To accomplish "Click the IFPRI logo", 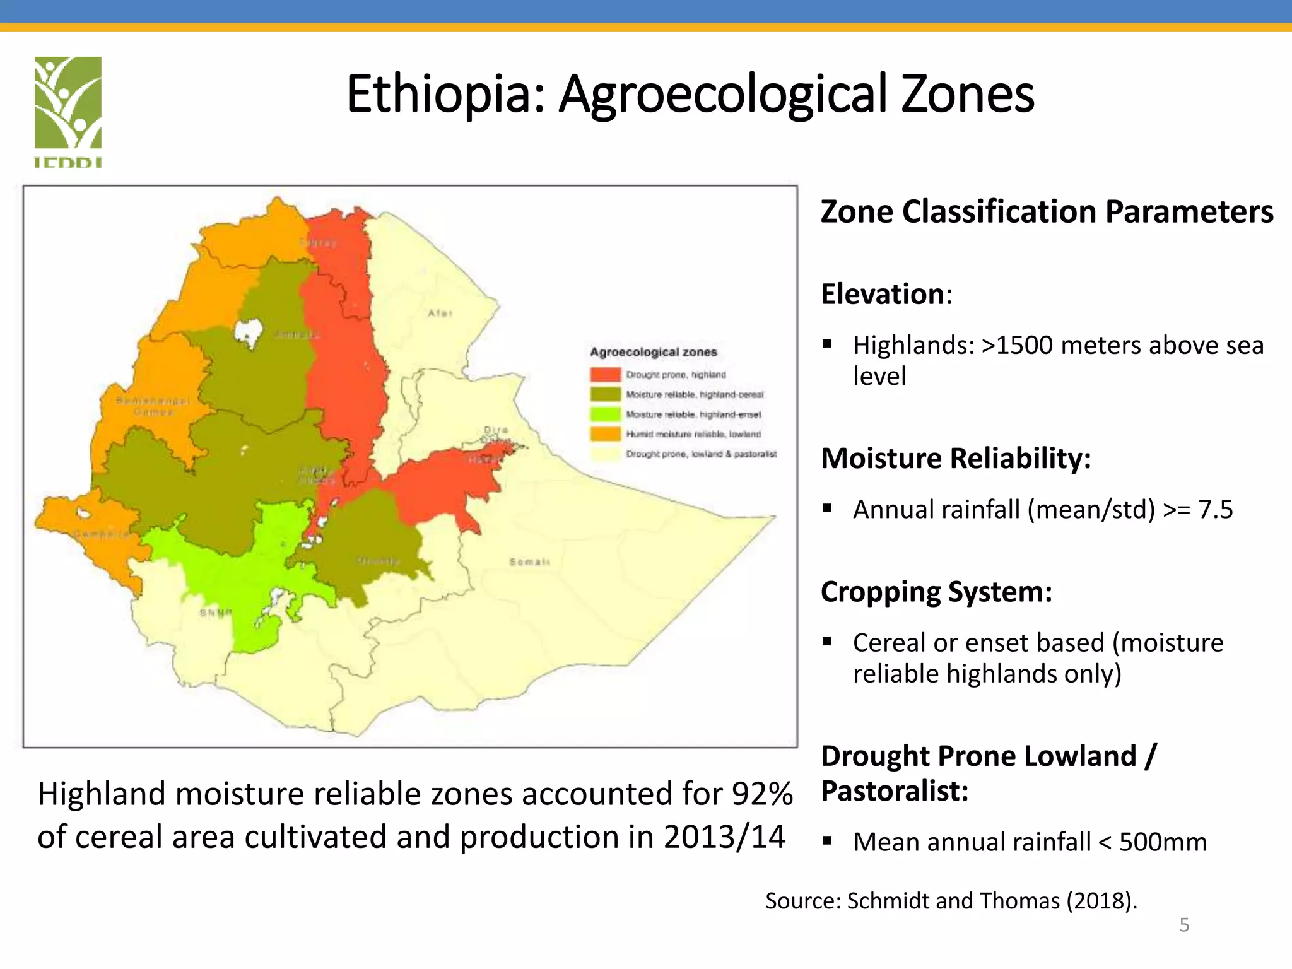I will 68,110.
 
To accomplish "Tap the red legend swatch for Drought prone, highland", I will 605,374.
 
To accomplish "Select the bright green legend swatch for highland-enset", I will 605,414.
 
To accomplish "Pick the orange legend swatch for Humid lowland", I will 605,433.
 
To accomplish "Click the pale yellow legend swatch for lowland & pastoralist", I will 605,454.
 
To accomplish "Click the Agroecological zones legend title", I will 654,352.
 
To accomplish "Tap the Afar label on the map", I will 440,313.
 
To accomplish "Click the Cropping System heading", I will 936,592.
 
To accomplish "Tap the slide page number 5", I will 1184,925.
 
